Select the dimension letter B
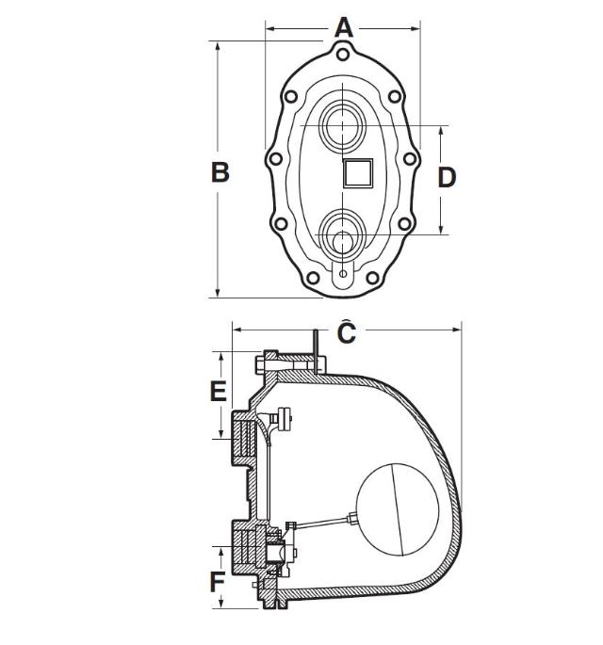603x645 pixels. point(219,172)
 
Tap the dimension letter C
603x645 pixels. point(346,333)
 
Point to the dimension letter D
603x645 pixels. point(447,177)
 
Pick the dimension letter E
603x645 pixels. point(218,391)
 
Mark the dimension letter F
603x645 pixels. point(218,582)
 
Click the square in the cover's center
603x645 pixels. point(358,173)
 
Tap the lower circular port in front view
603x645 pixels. point(341,232)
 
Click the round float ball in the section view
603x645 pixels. point(400,509)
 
